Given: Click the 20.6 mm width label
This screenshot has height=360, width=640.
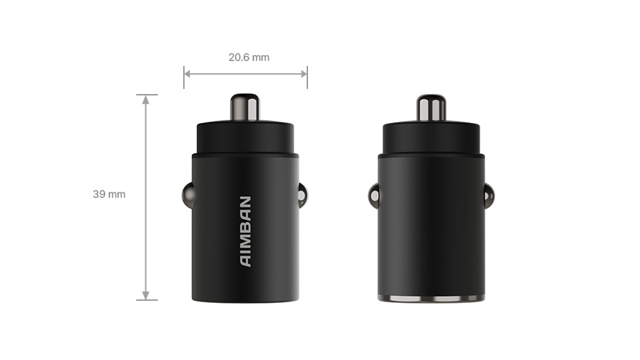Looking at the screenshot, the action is (x=249, y=58).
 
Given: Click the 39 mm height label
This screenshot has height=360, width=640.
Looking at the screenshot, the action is (x=109, y=194).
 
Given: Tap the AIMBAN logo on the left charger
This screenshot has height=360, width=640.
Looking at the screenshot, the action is (x=245, y=231).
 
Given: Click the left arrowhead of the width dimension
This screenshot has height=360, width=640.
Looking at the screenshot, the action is (x=187, y=74).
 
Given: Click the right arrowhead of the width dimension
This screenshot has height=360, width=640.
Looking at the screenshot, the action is (x=303, y=74).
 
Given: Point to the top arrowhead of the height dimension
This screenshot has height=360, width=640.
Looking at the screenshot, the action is (x=146, y=100).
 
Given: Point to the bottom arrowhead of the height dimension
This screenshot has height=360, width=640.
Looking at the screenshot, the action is (x=146, y=295).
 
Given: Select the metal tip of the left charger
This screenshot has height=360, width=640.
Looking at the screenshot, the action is (x=245, y=107).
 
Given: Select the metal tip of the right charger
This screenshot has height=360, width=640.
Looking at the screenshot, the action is (x=431, y=108).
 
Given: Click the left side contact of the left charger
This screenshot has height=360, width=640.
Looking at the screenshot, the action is (x=187, y=195).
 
